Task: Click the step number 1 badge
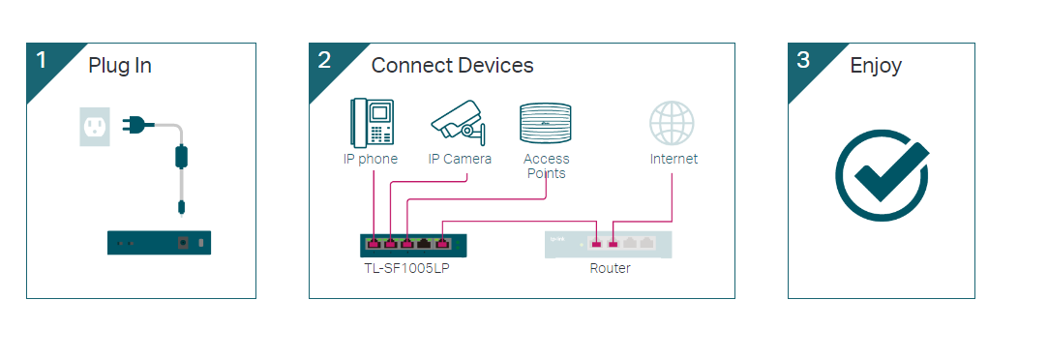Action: pos(42,60)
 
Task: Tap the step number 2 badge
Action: pos(324,60)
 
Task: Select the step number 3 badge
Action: pos(803,60)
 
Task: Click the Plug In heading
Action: pos(120,66)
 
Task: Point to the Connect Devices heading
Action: pos(452,66)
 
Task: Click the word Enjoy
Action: pos(876,66)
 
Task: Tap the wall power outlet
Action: pos(94,126)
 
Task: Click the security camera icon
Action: pos(458,121)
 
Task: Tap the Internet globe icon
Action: pos(673,124)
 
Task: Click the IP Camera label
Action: pos(460,159)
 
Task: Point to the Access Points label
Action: pos(547,165)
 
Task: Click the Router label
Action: pos(610,268)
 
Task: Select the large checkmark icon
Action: pos(882,174)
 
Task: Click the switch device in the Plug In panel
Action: pos(159,243)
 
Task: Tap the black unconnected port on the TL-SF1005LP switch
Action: pos(425,244)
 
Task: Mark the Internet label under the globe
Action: pos(674,159)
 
